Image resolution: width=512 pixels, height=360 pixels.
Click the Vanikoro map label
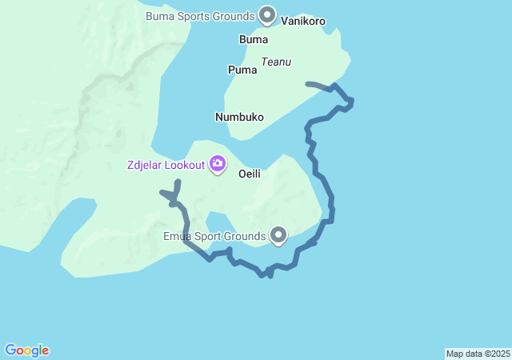click(x=303, y=22)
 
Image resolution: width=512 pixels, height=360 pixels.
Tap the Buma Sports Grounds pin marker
click(x=267, y=15)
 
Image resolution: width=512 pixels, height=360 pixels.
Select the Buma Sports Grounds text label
click(x=199, y=16)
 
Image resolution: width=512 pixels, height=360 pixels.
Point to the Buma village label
click(x=254, y=39)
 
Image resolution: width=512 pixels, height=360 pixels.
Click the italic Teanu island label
click(x=276, y=62)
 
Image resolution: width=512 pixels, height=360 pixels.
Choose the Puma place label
click(x=242, y=70)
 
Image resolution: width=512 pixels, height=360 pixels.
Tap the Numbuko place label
click(x=239, y=117)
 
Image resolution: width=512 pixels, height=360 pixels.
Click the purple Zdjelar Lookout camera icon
click(x=217, y=165)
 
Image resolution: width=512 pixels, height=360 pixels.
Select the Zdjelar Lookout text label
click(x=166, y=166)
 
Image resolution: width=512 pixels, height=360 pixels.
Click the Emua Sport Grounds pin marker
click(x=278, y=235)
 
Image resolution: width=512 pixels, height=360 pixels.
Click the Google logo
click(x=27, y=350)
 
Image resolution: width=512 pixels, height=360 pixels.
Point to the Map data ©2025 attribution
click(x=478, y=354)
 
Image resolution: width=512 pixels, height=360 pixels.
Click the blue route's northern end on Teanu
click(x=308, y=83)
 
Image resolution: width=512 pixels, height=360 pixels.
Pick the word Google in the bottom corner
click(x=27, y=350)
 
